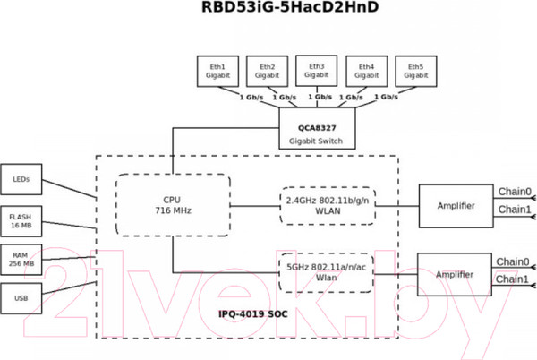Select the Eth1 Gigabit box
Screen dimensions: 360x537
pyautogui.click(x=217, y=72)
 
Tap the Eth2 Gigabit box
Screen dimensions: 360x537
pyautogui.click(x=267, y=72)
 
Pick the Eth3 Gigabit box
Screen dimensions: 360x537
pyautogui.click(x=316, y=71)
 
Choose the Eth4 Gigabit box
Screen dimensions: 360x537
pyautogui.click(x=365, y=72)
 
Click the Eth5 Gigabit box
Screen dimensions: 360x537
pyautogui.click(x=414, y=72)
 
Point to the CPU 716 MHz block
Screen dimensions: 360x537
pyautogui.click(x=173, y=205)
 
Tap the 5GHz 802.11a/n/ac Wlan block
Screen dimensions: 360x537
pyautogui.click(x=326, y=272)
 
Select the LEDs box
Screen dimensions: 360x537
pyautogui.click(x=21, y=179)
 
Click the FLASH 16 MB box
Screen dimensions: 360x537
pyautogui.click(x=21, y=220)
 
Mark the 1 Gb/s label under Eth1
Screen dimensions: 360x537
pyautogui.click(x=246, y=97)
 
